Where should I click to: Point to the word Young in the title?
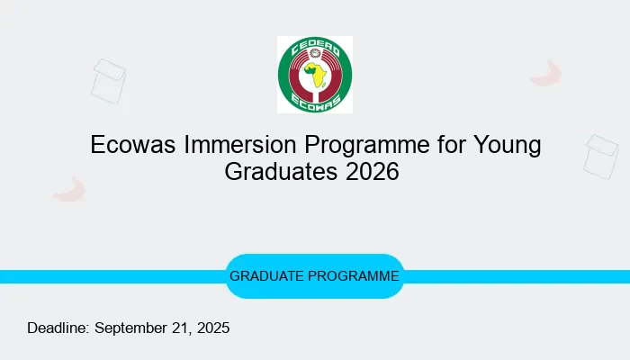click(x=505, y=145)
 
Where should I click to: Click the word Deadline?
click(x=58, y=328)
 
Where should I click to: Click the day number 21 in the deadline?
click(x=179, y=328)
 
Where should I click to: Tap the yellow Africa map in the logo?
click(x=314, y=76)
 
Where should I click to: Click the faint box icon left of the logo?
click(x=108, y=79)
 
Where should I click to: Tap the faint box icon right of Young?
click(x=600, y=155)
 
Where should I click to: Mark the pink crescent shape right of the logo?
click(x=546, y=73)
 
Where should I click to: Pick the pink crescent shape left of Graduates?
click(x=69, y=188)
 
